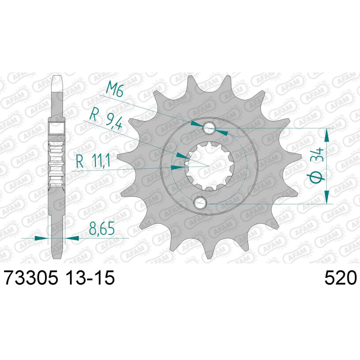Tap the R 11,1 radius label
93,161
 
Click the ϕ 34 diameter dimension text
317,165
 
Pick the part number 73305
31,278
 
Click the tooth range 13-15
90,278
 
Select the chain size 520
340,278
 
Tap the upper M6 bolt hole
209,128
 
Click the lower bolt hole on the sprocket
200,202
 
